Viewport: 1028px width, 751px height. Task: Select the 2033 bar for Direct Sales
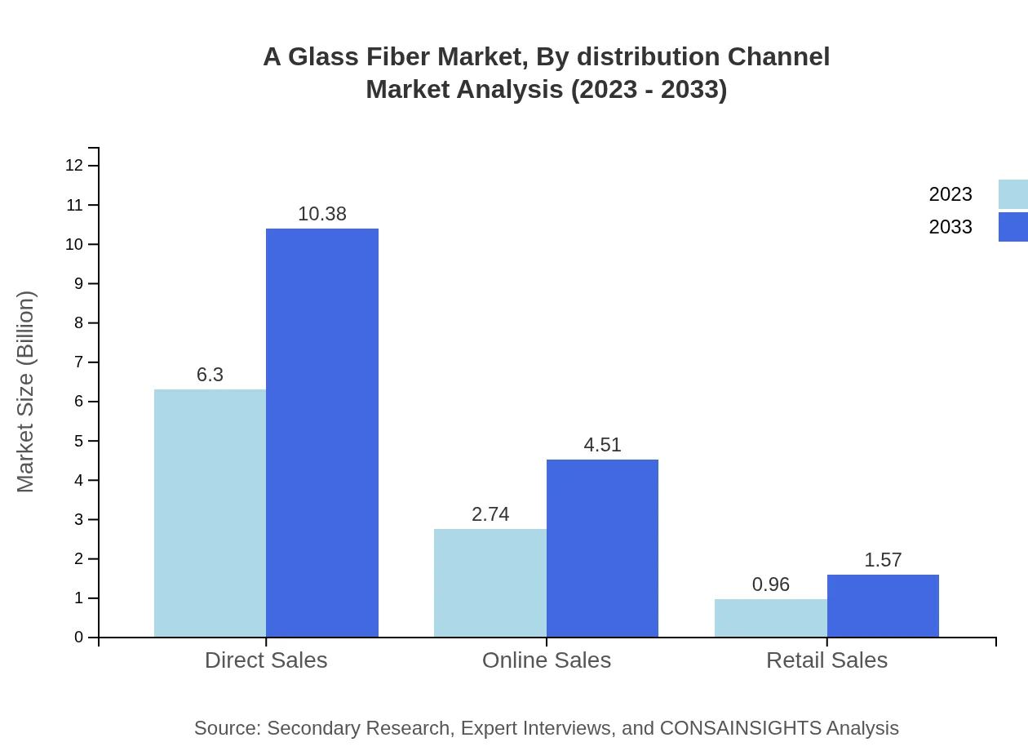click(322, 433)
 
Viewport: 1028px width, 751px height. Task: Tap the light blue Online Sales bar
click(490, 583)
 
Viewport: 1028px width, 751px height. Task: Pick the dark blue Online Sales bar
click(602, 548)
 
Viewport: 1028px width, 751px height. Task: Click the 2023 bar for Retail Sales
click(770, 618)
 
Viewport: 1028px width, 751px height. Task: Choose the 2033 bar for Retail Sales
click(883, 606)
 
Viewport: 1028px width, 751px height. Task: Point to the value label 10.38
click(322, 214)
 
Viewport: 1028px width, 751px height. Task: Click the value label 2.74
click(490, 514)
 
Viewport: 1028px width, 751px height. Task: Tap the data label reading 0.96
click(770, 584)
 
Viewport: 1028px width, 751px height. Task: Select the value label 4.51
click(602, 445)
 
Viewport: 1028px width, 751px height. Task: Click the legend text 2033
click(950, 227)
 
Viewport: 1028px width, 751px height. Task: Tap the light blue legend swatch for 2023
click(1012, 194)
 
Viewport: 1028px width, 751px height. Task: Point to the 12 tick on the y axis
click(74, 166)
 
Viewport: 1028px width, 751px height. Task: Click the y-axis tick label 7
click(79, 362)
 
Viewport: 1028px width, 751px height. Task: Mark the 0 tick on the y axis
click(79, 638)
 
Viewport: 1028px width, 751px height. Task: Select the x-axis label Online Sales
click(546, 660)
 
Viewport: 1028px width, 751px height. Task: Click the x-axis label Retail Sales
click(826, 660)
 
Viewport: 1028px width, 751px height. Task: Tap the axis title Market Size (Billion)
click(25, 392)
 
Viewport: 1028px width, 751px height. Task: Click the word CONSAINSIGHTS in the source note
click(740, 727)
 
